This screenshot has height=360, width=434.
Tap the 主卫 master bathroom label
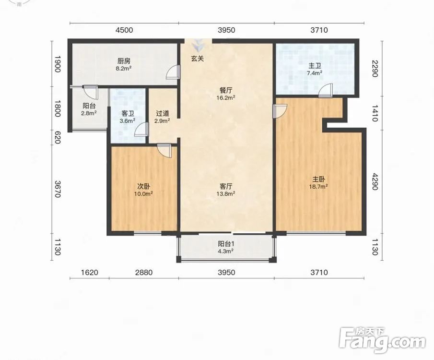[315, 66]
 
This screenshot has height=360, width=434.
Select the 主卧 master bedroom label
[318, 179]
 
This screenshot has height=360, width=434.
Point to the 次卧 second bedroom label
[144, 186]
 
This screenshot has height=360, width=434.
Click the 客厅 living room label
[226, 186]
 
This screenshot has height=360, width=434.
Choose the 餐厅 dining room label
[226, 90]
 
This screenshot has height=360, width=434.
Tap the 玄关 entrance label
[198, 59]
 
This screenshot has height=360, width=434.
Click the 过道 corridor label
[162, 113]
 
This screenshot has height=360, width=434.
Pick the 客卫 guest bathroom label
[128, 113]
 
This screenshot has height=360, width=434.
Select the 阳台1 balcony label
[226, 244]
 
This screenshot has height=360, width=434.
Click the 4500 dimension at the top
[124, 30]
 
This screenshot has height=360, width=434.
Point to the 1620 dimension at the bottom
[90, 273]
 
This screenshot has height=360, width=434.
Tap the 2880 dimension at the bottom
[144, 273]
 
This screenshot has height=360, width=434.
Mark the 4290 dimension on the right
[375, 182]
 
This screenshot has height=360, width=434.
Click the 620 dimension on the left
[57, 137]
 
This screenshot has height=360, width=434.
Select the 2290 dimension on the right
[375, 69]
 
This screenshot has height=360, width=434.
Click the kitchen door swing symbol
[173, 72]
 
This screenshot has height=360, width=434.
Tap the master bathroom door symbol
[326, 91]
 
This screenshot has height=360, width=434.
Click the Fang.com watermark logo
[382, 340]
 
